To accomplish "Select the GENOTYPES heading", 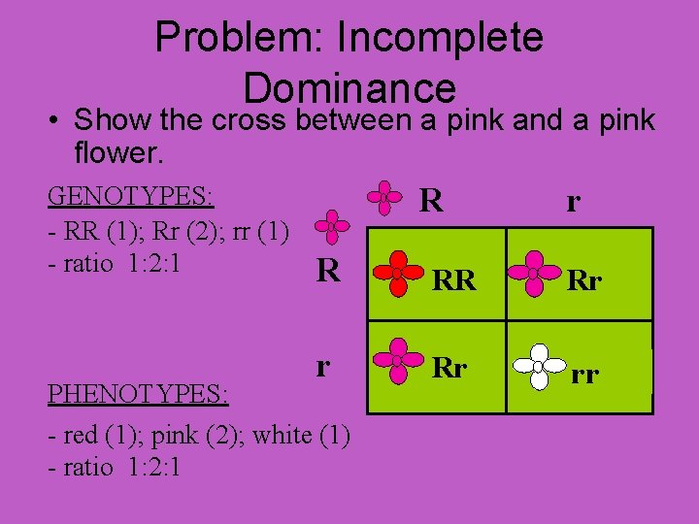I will tap(130, 196).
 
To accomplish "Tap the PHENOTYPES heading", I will tap(137, 395).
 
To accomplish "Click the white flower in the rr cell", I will tap(538, 365).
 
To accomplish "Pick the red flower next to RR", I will tap(397, 274).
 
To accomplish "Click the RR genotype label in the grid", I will tap(454, 281).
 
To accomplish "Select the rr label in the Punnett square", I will tap(584, 373).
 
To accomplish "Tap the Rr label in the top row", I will tap(584, 281).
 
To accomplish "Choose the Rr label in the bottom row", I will tap(449, 369).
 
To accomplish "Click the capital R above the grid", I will tap(432, 201).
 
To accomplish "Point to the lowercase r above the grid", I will tap(574, 202).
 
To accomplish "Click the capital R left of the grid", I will tap(328, 269).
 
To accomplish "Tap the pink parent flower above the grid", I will tap(384, 197).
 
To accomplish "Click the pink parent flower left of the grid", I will tap(333, 227).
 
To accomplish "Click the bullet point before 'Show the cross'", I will tap(54, 121).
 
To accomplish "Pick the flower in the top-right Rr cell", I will tap(533, 274).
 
